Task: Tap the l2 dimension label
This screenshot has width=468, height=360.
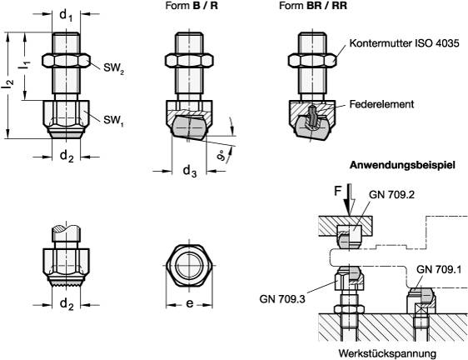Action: coord(9,83)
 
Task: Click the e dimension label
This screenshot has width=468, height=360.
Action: coord(190,305)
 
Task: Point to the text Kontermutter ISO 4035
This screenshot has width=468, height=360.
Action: coord(400,42)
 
